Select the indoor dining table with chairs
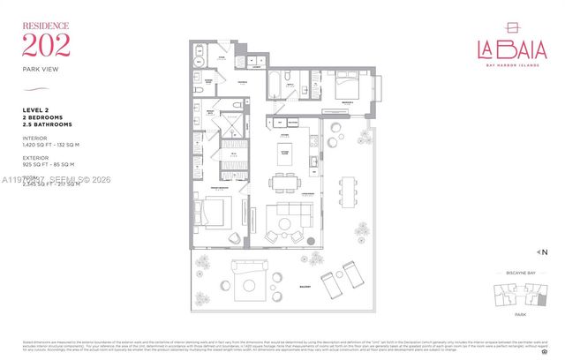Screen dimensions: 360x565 click(284, 183)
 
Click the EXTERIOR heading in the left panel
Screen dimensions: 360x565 click(36, 158)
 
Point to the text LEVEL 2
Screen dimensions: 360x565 click(36, 109)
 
